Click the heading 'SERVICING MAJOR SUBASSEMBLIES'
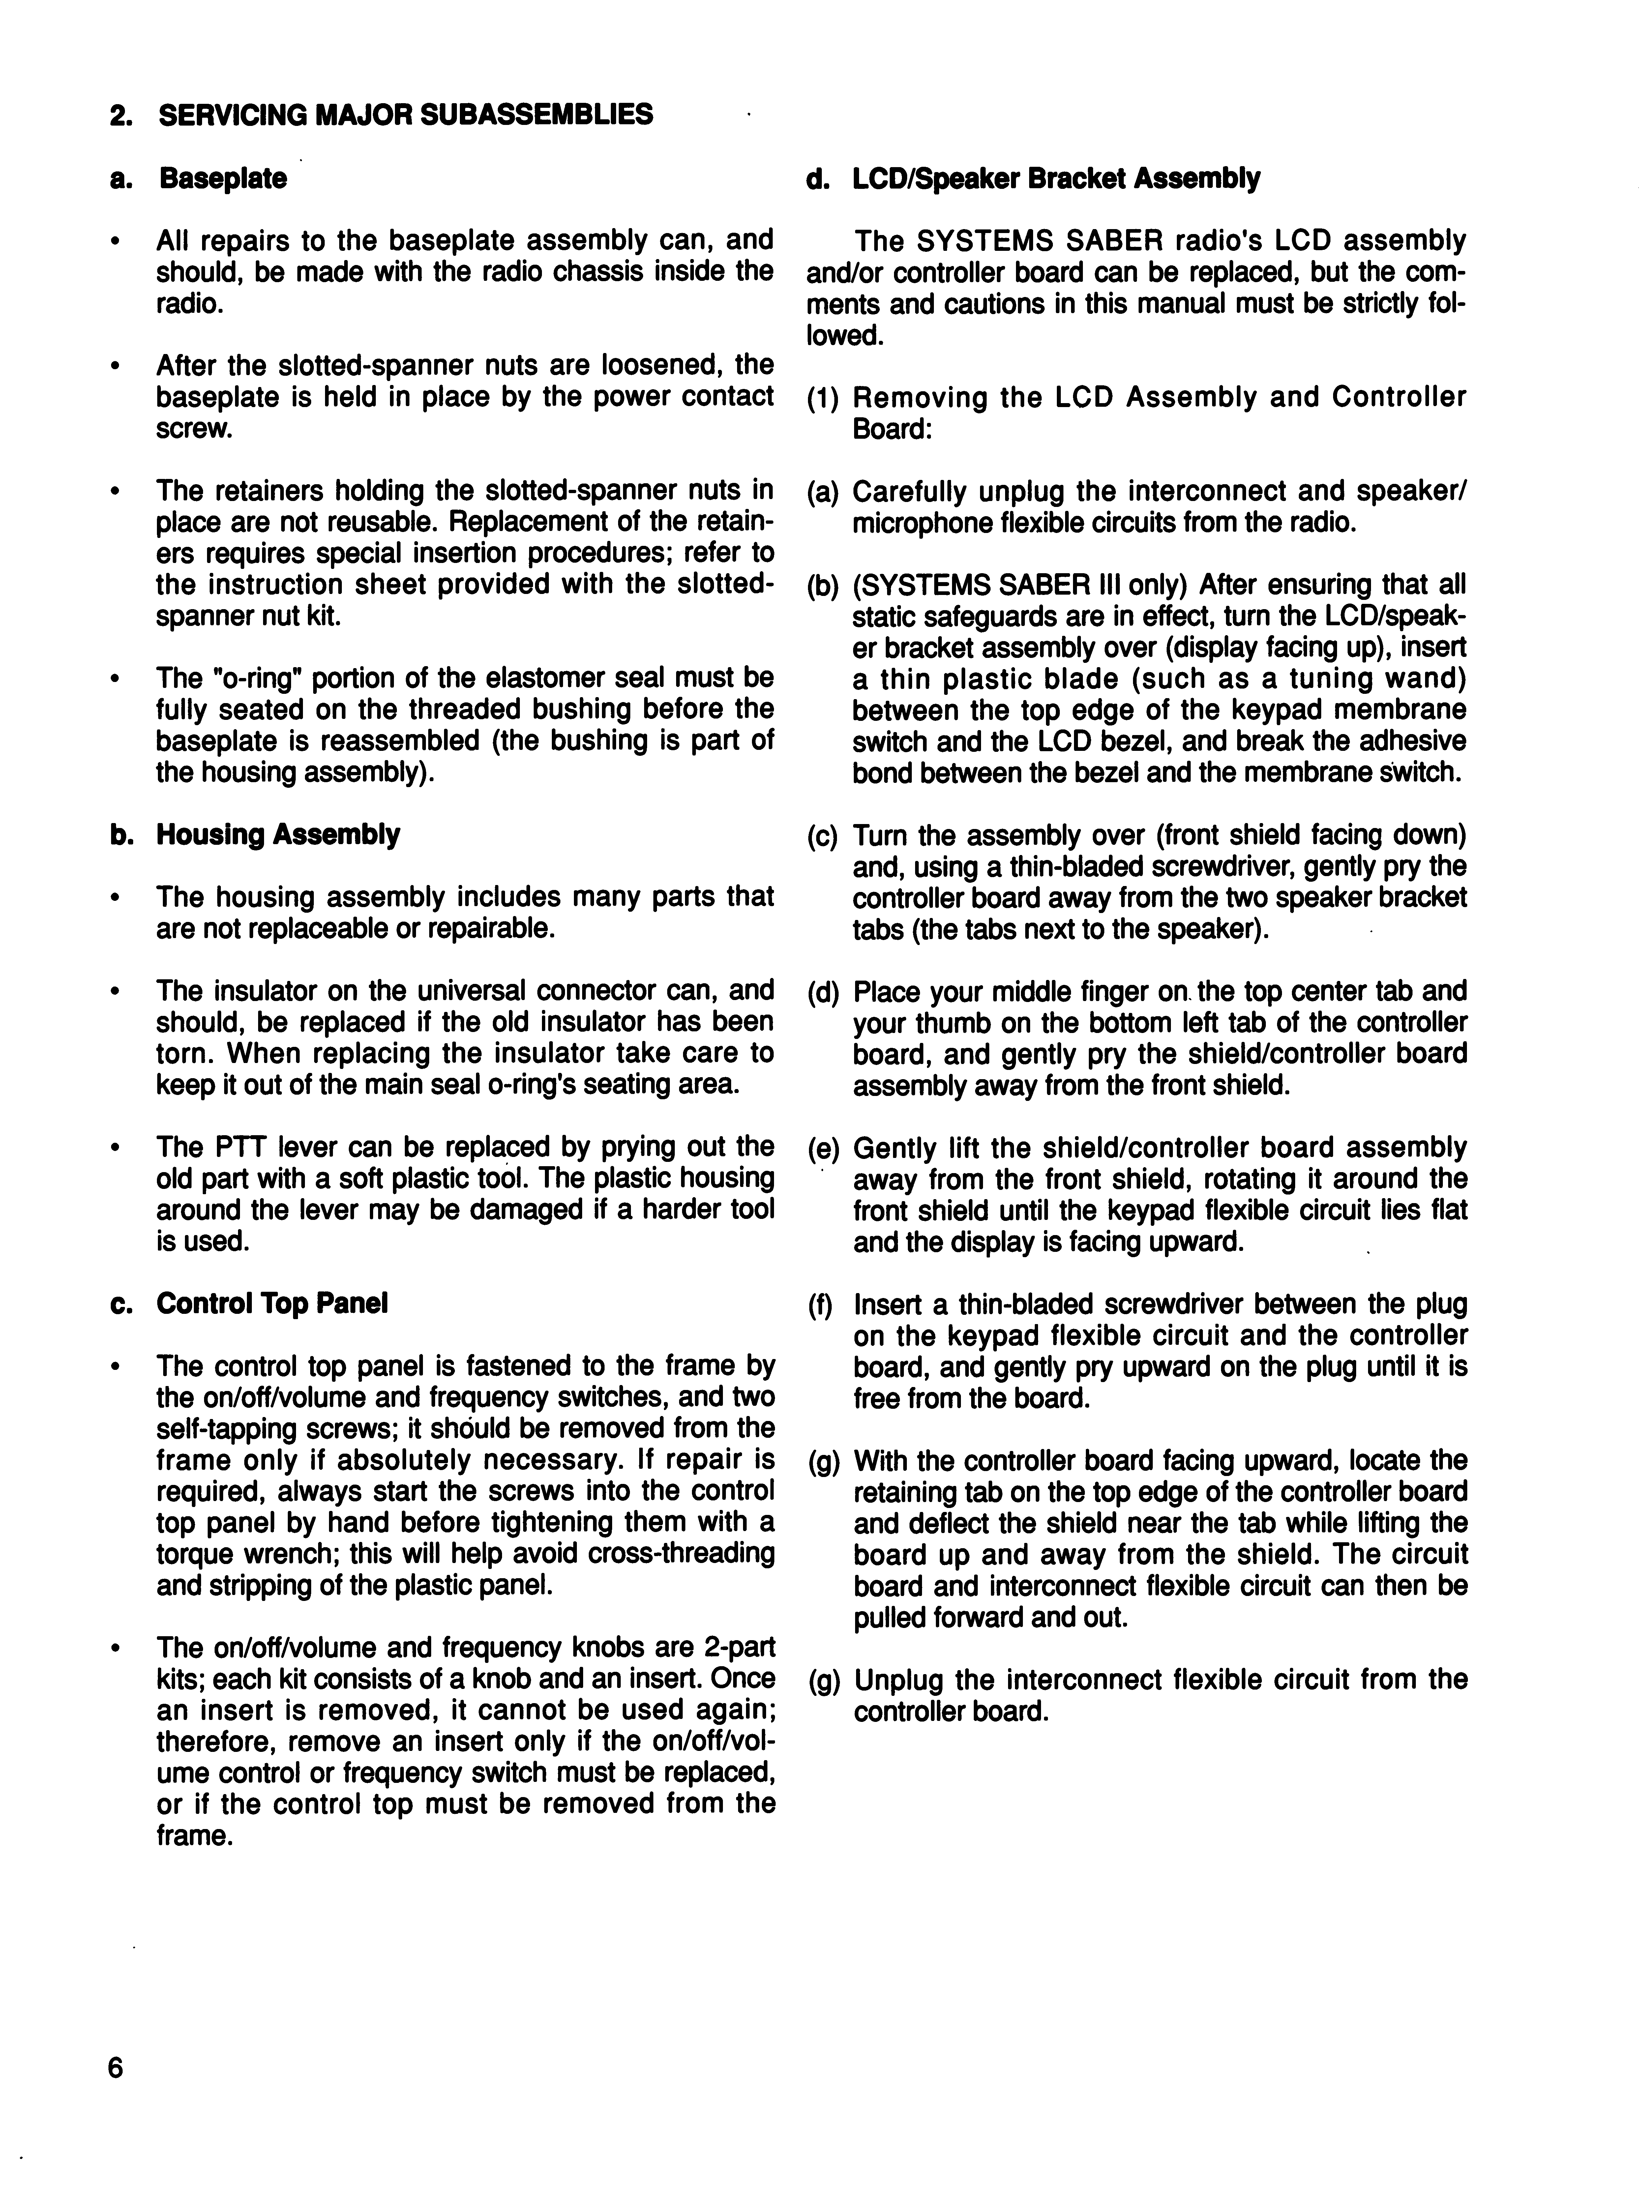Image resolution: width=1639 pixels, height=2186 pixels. (x=405, y=115)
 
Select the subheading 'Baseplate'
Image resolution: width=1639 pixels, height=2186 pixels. (x=223, y=179)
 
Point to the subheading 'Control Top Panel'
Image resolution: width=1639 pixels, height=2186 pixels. (x=272, y=1304)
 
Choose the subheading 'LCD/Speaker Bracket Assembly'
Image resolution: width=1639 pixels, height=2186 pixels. (x=1056, y=179)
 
